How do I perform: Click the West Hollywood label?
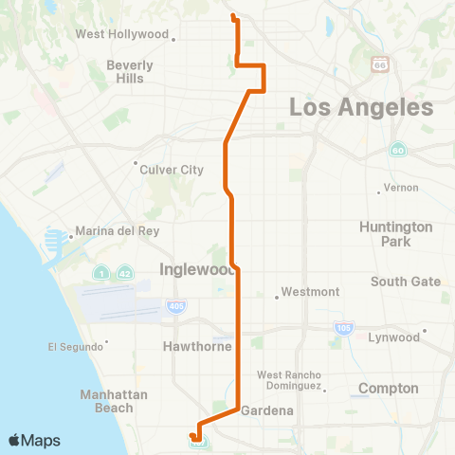coord(121,35)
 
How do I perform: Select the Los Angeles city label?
coord(361,107)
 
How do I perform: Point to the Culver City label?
coord(172,170)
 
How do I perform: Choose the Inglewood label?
coord(193,268)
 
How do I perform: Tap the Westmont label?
coord(310,292)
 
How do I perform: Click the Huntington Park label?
coord(396,234)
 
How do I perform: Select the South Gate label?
coord(405,282)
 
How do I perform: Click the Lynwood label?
coord(394,337)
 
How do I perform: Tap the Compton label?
coord(389,389)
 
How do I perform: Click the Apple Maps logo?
coord(34,441)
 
